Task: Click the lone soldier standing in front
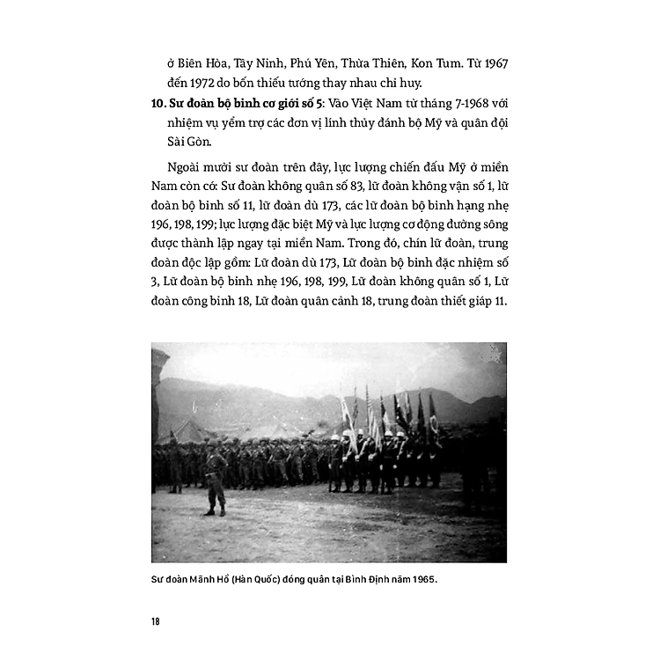point(214,477)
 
